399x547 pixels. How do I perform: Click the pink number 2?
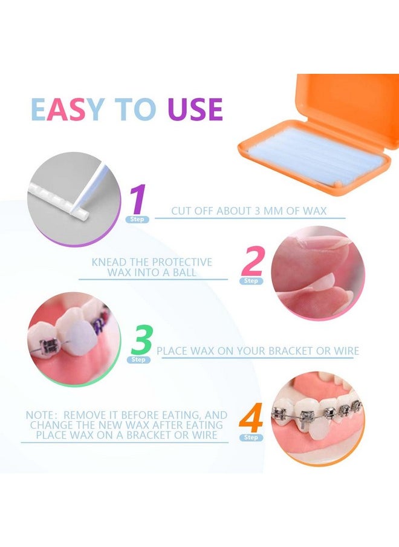coord(251,261)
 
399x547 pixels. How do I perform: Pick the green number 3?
coord(141,341)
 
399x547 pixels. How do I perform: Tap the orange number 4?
coord(251,418)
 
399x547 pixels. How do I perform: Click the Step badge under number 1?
coord(137,220)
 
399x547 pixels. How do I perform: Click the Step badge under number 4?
coord(251,437)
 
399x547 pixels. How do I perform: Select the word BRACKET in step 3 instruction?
coord(296,351)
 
